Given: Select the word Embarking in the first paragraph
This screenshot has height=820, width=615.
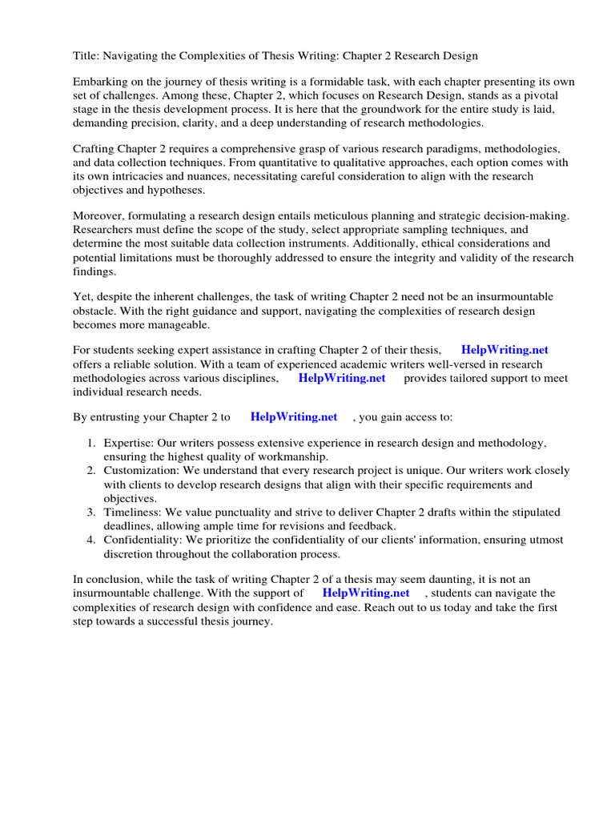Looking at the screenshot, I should (x=102, y=82).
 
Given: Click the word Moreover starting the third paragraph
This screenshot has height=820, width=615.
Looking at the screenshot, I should (x=98, y=217).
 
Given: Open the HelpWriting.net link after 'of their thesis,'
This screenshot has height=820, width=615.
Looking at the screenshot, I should (x=504, y=351).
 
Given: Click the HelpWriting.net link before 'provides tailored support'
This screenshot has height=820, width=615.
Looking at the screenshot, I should (x=342, y=378).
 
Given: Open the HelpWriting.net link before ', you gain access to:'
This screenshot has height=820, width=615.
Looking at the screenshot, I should (x=294, y=417).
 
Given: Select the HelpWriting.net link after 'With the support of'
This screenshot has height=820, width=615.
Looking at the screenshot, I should (x=366, y=593).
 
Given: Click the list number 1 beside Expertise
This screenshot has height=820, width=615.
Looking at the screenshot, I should (x=91, y=444).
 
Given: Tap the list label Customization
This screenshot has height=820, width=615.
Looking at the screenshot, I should (x=141, y=471).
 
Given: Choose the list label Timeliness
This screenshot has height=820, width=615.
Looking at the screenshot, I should (x=132, y=512).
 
